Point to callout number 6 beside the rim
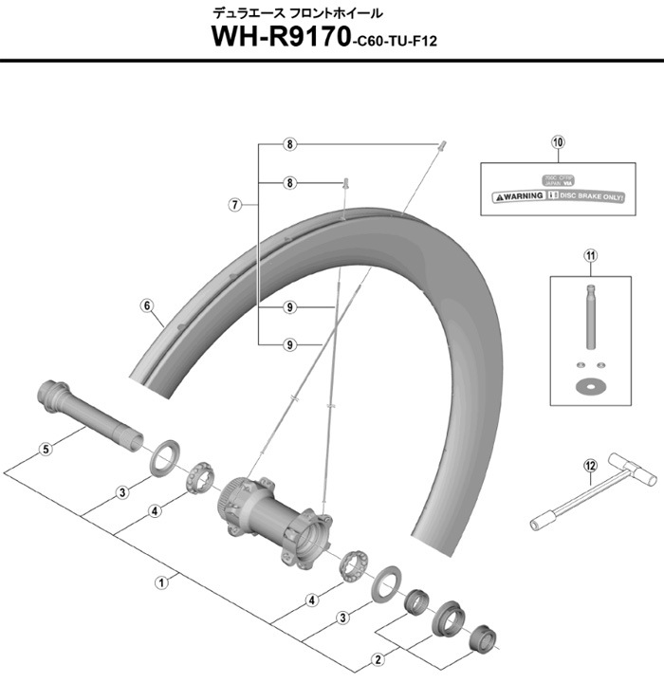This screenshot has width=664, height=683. (147, 305)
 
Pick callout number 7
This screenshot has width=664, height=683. (233, 204)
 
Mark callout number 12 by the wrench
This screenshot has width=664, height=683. (589, 465)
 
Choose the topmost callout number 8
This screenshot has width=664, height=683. (291, 144)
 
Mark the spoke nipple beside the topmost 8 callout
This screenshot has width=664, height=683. (442, 143)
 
